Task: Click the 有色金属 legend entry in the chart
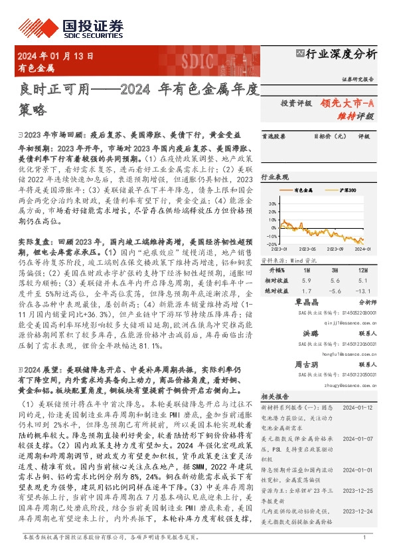point(307,190)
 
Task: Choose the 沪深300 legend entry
point(347,190)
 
